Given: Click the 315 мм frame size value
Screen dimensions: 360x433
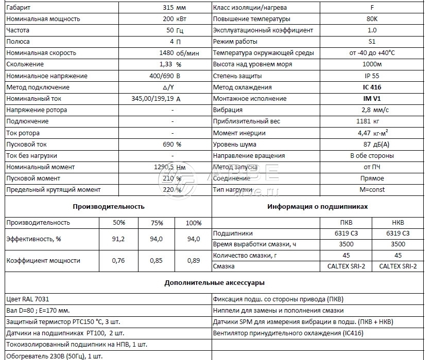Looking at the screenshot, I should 172,8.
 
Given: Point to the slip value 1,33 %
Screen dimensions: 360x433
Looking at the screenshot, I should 171,64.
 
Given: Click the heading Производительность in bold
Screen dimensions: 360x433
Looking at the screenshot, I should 108,206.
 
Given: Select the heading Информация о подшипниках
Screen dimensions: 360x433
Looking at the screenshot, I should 318,206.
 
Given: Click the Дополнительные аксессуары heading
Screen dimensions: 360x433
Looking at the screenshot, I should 216,282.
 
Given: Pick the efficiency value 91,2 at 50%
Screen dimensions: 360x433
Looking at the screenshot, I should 118,239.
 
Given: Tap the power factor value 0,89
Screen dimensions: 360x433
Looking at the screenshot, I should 193,261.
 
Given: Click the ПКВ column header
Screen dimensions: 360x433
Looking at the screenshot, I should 347,223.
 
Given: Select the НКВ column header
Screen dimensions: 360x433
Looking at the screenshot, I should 398,223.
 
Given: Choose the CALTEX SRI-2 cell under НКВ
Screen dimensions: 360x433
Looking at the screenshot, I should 398,266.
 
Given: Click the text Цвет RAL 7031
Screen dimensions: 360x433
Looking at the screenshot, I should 28,299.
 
